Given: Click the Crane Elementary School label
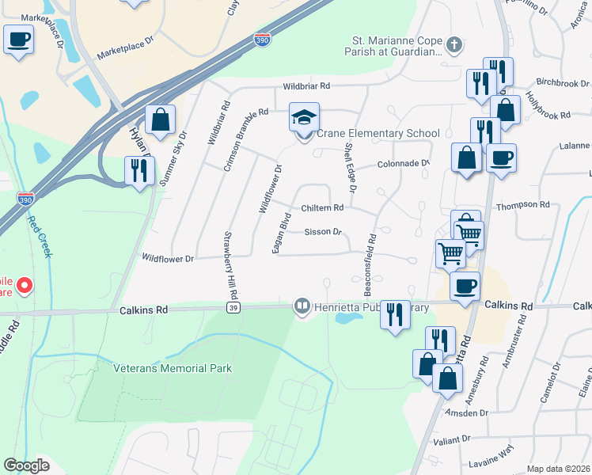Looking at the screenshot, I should pos(378,134).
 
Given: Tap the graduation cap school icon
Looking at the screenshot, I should pos(304,118).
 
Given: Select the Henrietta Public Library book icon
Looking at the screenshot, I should pos(302,305).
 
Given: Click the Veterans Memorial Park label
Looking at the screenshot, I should pos(183,368).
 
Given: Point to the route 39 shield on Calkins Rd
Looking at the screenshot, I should pos(232,308).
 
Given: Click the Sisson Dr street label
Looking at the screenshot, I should pos(323,232).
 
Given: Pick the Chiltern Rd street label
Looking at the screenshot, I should pos(321,208).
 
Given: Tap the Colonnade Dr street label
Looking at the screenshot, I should pos(403,165).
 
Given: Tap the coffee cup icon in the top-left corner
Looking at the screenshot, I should pos(18,39).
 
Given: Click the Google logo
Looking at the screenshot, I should pos(26,465).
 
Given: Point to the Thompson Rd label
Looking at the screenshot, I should pos(522,205).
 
